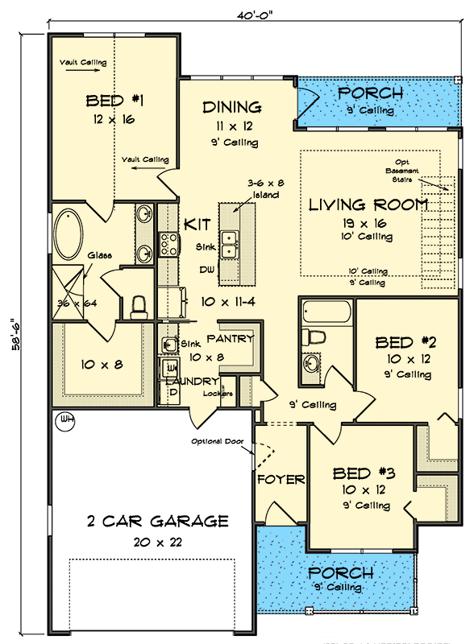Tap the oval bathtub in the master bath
click(72, 234)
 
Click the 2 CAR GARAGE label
click(157, 521)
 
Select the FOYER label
click(281, 480)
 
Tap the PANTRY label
click(230, 339)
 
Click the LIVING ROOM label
click(368, 204)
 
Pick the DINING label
click(231, 107)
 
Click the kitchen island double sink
click(231, 239)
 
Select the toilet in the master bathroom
click(139, 306)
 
